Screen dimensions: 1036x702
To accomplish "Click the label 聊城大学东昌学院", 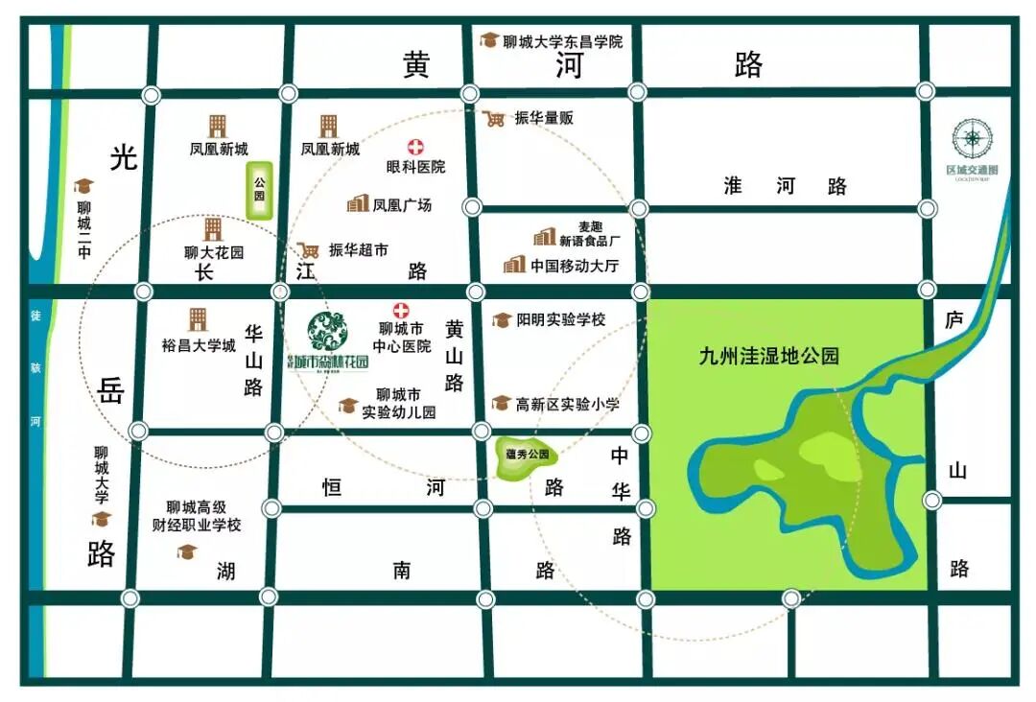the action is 562,42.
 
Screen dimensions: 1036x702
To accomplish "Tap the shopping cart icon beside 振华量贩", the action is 495,119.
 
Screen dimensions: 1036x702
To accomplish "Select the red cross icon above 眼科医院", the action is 416,147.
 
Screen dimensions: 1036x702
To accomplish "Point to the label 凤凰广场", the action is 402,205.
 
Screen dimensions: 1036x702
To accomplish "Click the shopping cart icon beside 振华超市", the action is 308,249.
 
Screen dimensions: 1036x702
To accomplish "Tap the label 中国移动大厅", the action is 575,265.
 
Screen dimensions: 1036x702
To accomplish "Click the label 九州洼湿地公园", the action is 768,356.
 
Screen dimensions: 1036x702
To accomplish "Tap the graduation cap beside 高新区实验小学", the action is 501,405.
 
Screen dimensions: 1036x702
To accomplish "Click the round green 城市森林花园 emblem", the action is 328,332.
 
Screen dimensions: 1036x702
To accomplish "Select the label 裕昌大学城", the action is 199,345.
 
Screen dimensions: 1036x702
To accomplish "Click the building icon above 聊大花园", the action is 213,228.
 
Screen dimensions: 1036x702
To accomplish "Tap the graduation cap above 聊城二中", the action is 84,186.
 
